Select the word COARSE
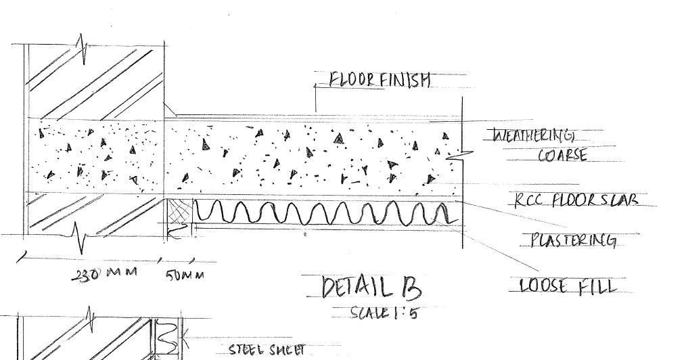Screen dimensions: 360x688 562,156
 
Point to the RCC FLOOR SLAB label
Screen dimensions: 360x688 575,200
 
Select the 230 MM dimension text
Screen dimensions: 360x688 105,273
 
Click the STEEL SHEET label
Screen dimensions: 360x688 267,350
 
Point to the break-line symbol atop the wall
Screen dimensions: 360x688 83,47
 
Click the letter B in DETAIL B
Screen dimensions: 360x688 410,288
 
